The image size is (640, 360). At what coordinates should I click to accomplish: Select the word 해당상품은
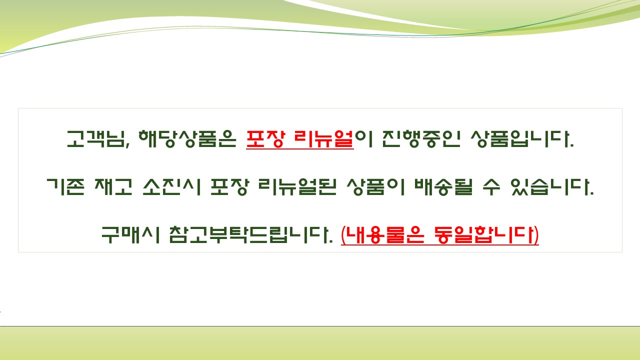pos(186,139)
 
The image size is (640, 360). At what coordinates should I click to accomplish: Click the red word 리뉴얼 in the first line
pos(325,139)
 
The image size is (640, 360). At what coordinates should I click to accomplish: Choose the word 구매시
pos(129,235)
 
